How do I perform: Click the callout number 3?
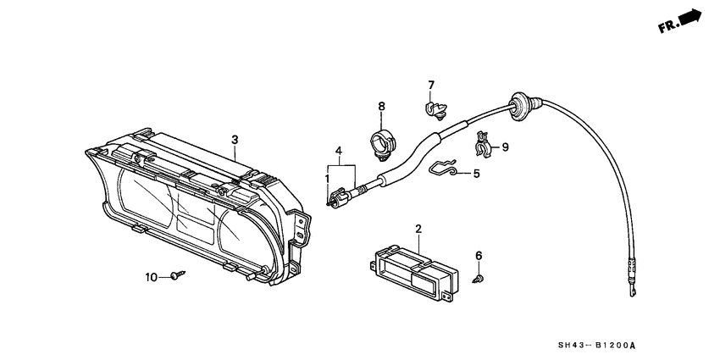pos(235,140)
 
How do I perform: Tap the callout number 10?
pos(152,277)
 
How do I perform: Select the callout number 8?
pos(381,106)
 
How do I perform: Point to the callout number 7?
pos(430,85)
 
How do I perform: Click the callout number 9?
pos(505,147)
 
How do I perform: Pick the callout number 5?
pos(476,174)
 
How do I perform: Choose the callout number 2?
pos(418,229)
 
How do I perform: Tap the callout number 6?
pos(479,255)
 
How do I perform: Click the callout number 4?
pos(339,152)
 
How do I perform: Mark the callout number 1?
pos(327,179)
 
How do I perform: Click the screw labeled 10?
pos(177,274)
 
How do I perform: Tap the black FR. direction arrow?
pos(690,18)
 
